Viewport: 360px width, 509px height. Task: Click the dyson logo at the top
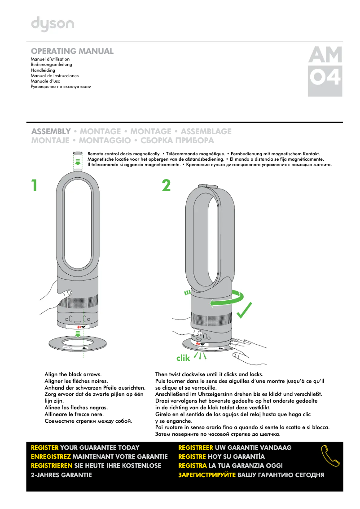[x=53, y=24]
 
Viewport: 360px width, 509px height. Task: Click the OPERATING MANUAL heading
[x=72, y=51]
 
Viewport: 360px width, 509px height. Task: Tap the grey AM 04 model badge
[x=325, y=71]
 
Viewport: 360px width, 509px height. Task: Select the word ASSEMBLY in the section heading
[x=51, y=132]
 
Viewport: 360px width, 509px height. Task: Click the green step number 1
[x=34, y=186]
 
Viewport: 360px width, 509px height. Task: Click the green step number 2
[x=166, y=186]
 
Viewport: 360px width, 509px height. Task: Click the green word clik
[x=183, y=358]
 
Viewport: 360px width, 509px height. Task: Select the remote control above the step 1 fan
[x=78, y=154]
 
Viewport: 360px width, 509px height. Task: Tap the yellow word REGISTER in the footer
[x=44, y=448]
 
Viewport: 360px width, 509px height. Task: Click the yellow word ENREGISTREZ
[x=51, y=456]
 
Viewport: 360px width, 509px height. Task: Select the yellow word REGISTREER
[x=196, y=448]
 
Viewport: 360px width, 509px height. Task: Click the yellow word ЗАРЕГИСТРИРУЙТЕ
[x=207, y=474]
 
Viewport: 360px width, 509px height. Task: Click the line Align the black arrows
[x=73, y=374]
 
